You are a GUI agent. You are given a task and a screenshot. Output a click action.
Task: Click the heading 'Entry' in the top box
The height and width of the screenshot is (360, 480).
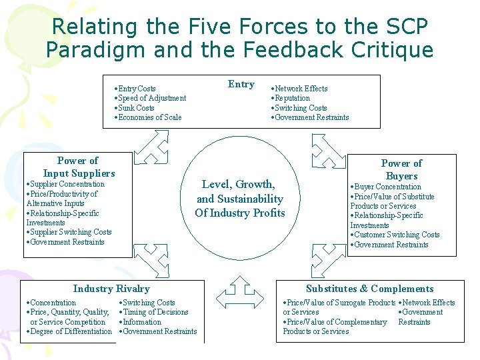pyautogui.click(x=241, y=84)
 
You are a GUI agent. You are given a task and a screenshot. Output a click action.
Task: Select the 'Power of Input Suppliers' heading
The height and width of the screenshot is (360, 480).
pyautogui.click(x=78, y=167)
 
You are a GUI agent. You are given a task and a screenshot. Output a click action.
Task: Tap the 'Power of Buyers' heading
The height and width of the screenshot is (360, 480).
pyautogui.click(x=401, y=170)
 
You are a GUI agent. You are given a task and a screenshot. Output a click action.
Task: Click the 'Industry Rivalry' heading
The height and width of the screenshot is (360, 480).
pyautogui.click(x=111, y=289)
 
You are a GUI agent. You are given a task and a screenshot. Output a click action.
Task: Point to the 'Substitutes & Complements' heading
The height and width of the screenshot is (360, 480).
pyautogui.click(x=369, y=289)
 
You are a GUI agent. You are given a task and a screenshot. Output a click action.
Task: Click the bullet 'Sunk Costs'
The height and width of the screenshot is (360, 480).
pyautogui.click(x=135, y=108)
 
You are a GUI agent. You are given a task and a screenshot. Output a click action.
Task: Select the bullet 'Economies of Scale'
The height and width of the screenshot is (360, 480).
pyautogui.click(x=149, y=117)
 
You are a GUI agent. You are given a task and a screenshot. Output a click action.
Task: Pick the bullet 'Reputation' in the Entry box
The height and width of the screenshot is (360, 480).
pyautogui.click(x=292, y=98)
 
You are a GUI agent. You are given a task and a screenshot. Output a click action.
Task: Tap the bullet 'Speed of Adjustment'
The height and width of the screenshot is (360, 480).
pyautogui.click(x=152, y=98)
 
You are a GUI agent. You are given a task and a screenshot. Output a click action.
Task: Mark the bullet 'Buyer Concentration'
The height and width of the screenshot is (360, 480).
pyautogui.click(x=387, y=187)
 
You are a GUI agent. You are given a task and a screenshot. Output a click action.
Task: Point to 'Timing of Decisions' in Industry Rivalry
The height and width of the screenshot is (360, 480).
pyautogui.click(x=155, y=312)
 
